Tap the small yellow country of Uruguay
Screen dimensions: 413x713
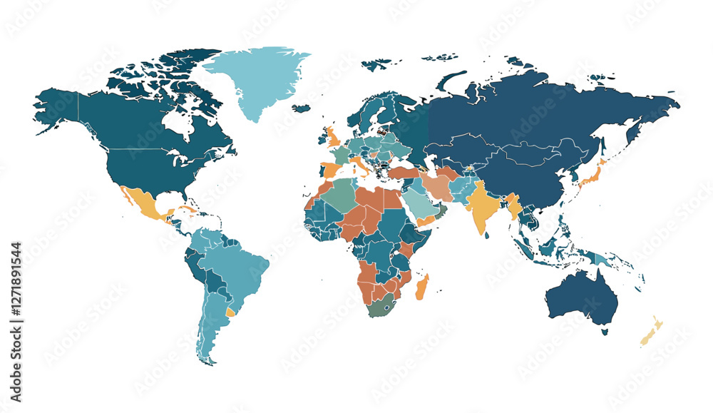pos(230,312)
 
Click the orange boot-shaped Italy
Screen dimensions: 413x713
pos(361,168)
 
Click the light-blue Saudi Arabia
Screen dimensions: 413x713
pos(420,206)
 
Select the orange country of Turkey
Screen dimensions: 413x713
pos(402,173)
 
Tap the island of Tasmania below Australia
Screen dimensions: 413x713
pos(605,330)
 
